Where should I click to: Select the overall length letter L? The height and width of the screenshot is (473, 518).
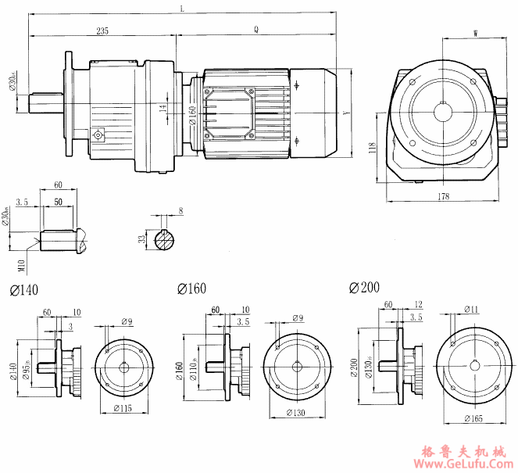tap(181, 8)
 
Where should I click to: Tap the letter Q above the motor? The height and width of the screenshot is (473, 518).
tap(256, 30)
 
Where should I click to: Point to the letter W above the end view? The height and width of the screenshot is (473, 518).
tap(476, 32)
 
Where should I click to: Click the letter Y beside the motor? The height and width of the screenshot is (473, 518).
tap(348, 112)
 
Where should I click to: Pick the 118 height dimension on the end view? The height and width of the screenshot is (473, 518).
tap(373, 147)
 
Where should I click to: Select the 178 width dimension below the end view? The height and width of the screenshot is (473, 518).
tap(443, 197)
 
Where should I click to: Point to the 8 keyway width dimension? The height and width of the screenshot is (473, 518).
tap(180, 211)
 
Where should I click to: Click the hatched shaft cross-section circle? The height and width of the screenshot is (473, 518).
tap(166, 240)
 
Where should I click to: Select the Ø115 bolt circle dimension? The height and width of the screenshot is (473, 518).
tap(122, 408)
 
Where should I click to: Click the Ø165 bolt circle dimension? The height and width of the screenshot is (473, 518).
tap(472, 420)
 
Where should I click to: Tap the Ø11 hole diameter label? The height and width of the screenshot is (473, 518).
tap(472, 309)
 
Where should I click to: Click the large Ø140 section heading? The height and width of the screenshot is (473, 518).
tap(23, 290)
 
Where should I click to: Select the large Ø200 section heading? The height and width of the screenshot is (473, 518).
tap(365, 288)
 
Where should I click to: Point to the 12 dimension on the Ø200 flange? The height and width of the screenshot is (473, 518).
tap(419, 304)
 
